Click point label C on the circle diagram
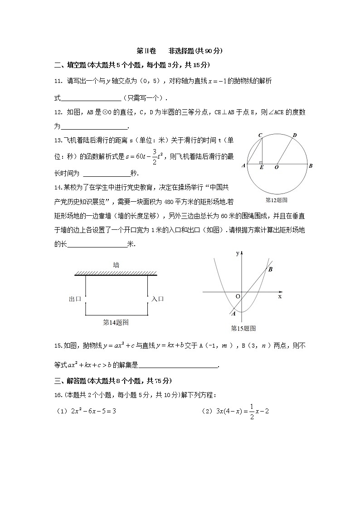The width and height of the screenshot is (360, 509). click(x=260, y=135)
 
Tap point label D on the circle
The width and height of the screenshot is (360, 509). click(x=294, y=135)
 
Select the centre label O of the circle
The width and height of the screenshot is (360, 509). click(x=277, y=167)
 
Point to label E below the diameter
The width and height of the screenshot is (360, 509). click(x=262, y=167)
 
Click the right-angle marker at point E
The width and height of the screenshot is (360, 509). click(x=261, y=162)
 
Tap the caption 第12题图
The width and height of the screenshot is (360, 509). click(x=277, y=199)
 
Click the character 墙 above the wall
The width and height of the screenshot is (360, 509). click(x=116, y=265)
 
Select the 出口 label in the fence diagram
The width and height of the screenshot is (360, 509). click(x=75, y=299)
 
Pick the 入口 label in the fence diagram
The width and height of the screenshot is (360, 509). click(x=158, y=299)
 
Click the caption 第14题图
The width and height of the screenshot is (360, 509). click(x=116, y=322)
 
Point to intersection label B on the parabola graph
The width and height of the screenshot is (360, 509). click(x=270, y=269)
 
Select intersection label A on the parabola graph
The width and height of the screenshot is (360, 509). click(x=234, y=313)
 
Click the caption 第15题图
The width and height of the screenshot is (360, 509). click(x=243, y=328)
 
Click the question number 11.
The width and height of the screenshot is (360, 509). click(x=58, y=81)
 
